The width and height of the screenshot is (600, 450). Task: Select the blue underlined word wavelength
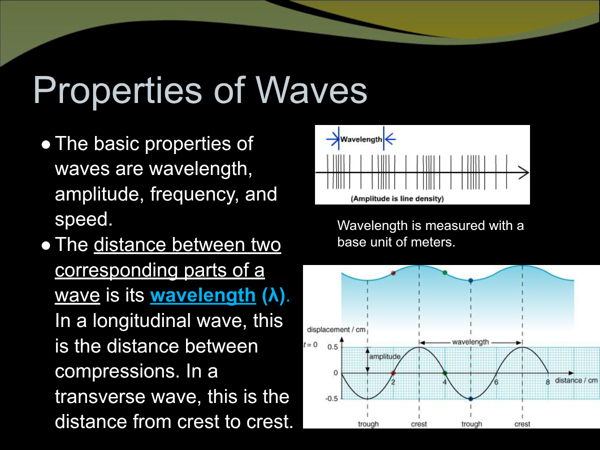[203, 295]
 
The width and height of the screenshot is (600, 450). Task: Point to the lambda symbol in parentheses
[273, 295]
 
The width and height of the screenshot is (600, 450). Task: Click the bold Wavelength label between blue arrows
[361, 139]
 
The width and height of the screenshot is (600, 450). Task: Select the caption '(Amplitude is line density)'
[397, 198]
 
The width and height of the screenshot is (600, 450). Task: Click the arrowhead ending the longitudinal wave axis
[523, 172]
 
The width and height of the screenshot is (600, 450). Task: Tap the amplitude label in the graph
[385, 356]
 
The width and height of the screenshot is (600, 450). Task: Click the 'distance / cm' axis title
[576, 380]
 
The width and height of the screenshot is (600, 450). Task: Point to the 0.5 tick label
[332, 347]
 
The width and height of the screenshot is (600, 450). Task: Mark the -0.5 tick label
[331, 398]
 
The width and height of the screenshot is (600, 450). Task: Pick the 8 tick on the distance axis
[548, 382]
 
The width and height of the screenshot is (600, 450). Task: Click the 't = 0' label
[310, 345]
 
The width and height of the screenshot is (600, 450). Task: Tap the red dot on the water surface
[393, 273]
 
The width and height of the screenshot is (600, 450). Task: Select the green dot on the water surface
[444, 272]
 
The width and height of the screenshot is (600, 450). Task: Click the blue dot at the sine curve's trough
[470, 399]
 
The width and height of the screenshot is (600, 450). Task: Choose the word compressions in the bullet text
[117, 372]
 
